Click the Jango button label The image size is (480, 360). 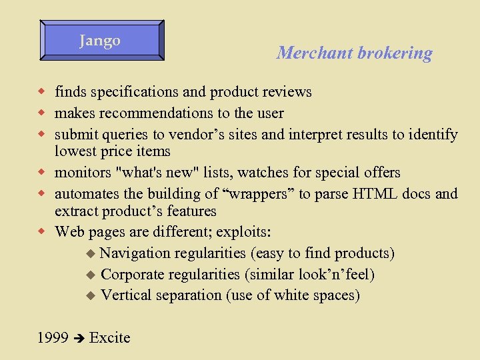[x=100, y=41]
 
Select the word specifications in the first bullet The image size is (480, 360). [x=127, y=92]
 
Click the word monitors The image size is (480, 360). [x=83, y=173]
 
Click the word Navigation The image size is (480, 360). [x=136, y=253]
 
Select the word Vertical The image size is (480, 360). [x=126, y=295]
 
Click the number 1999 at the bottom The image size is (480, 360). [x=53, y=338]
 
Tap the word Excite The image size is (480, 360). [x=109, y=338]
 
